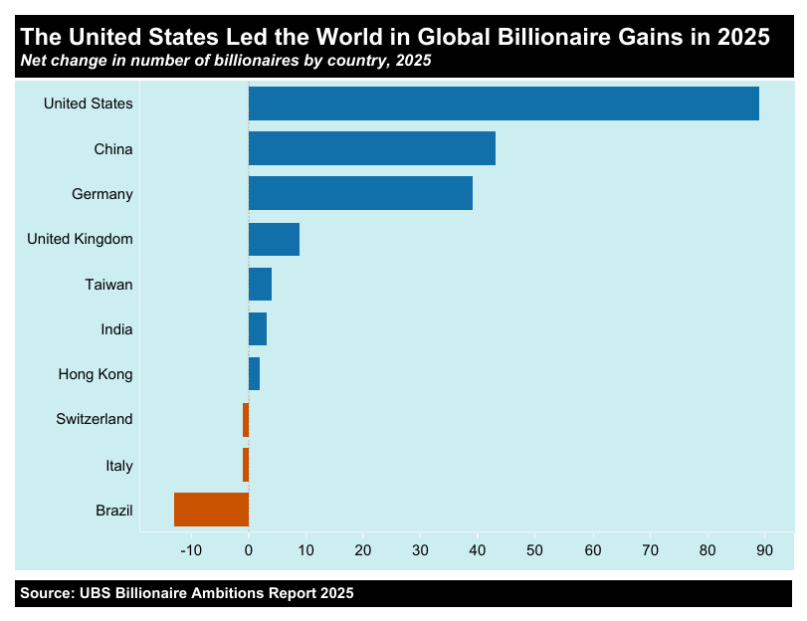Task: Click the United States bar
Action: (x=504, y=103)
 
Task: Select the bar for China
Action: (x=371, y=148)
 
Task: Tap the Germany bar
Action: (x=360, y=193)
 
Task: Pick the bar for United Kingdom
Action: (x=274, y=239)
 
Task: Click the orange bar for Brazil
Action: (x=211, y=510)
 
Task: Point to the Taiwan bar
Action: (x=260, y=284)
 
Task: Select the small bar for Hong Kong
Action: (x=254, y=374)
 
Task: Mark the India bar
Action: (x=258, y=329)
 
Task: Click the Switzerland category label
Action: (x=95, y=419)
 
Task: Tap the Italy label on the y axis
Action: (x=119, y=465)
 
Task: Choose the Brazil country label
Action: (x=114, y=511)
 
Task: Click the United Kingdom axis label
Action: (x=80, y=239)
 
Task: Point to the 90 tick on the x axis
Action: (x=765, y=550)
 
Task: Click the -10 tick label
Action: (x=190, y=550)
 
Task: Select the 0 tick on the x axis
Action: (x=249, y=550)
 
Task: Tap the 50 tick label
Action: (x=535, y=550)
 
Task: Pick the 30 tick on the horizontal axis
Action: (x=421, y=550)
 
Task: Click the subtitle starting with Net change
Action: (x=225, y=62)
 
